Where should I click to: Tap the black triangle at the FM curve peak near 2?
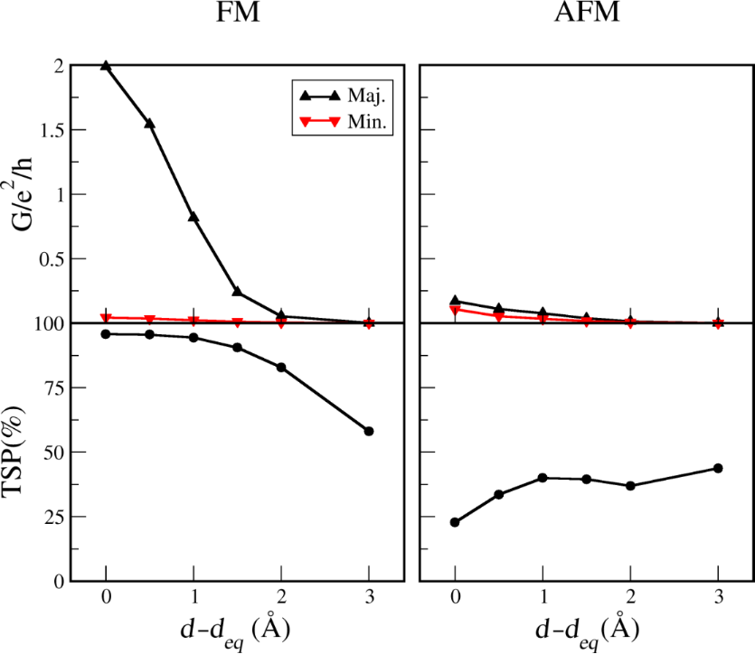tap(106, 66)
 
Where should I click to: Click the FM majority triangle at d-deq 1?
tap(193, 217)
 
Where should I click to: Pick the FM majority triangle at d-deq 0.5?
tap(149, 123)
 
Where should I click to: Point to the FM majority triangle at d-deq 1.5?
tap(237, 292)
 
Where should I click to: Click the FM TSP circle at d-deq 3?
tap(369, 431)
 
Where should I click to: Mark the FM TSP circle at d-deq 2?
tap(281, 368)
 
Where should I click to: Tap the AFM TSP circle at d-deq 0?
tap(455, 522)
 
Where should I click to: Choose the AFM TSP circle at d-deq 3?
tap(718, 468)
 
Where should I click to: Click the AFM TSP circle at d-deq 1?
tap(543, 478)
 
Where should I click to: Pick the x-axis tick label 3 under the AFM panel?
tap(718, 600)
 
